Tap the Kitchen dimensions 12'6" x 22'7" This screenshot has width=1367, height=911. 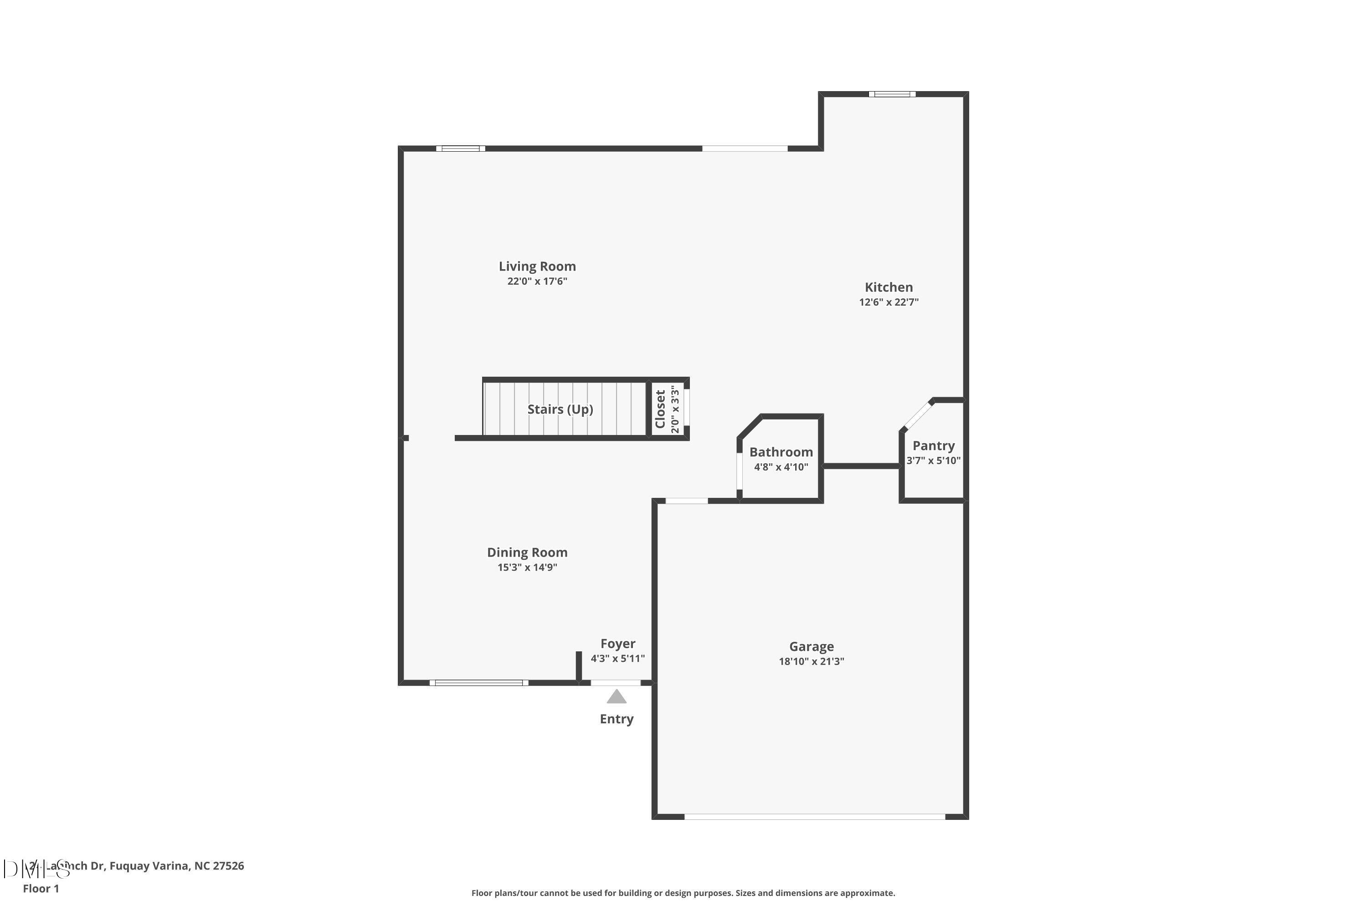[888, 302]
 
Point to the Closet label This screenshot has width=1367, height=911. [660, 409]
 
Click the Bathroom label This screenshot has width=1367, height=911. [781, 452]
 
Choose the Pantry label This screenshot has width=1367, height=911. [933, 445]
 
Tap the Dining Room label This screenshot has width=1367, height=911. [527, 553]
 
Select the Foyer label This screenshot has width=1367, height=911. [617, 644]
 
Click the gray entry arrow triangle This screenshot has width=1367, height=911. [616, 696]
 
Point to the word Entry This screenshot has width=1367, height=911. [616, 719]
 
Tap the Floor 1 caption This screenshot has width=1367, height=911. [41, 888]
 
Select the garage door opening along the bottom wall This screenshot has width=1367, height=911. [814, 817]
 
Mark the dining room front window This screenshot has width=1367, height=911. [478, 683]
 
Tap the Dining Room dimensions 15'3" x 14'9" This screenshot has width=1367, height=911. [527, 568]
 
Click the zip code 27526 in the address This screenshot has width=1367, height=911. [228, 866]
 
